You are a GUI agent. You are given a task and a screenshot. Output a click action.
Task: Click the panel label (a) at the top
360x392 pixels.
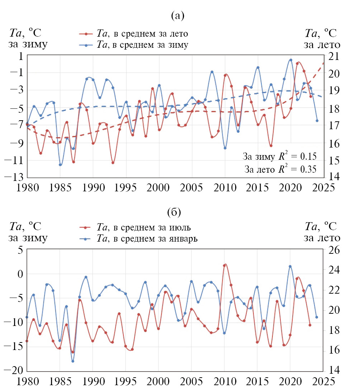tap(178, 15)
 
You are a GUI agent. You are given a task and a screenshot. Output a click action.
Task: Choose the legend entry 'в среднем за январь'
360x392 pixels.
tap(147, 238)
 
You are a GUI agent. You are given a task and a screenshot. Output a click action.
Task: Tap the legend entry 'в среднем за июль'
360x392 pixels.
tap(143, 228)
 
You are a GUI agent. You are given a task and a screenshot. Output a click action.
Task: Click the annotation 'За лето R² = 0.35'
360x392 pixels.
tap(280, 169)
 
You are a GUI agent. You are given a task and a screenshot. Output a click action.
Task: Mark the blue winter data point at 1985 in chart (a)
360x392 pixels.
tap(60, 165)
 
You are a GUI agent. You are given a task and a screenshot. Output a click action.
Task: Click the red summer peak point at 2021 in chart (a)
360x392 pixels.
tap(297, 63)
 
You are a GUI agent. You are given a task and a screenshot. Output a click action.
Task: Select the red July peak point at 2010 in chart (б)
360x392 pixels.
tap(224, 265)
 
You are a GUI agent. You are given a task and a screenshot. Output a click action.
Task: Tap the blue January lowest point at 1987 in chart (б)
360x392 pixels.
tap(73, 361)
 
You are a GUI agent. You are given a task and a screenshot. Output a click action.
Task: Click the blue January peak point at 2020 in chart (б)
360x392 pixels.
tap(290, 266)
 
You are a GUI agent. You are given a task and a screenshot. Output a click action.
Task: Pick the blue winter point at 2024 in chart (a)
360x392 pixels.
tap(317, 121)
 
